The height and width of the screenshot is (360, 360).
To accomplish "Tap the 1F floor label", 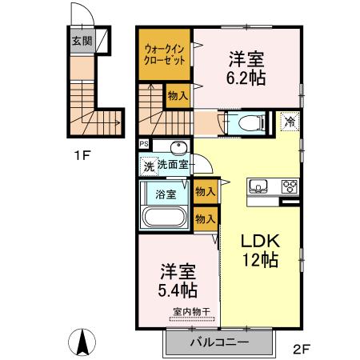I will [82, 155].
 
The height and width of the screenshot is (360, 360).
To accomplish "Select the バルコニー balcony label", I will [219, 342].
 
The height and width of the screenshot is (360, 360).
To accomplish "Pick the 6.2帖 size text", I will [247, 79].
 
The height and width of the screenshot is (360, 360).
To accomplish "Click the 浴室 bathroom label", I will [165, 194].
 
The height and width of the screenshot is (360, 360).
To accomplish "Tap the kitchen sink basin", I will [259, 188].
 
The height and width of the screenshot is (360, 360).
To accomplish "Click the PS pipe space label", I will [143, 144].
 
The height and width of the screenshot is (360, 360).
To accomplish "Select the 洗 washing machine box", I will [147, 168].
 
